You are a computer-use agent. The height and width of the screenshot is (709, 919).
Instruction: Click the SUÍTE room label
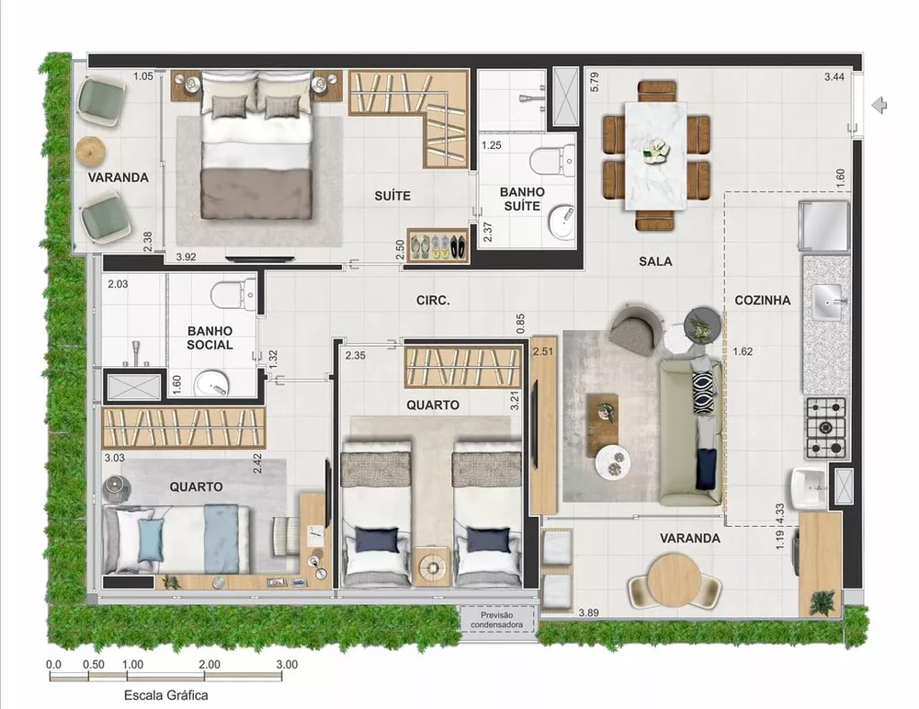pos(392,196)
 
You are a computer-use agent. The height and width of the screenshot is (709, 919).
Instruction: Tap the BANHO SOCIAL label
pos(210,337)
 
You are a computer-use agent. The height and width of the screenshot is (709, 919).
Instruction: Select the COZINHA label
pos(762,300)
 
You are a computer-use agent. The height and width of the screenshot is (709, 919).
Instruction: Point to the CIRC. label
pos(432,300)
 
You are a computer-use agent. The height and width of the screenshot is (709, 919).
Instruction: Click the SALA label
pos(655,261)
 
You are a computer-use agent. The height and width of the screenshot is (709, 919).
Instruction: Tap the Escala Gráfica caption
pos(165,695)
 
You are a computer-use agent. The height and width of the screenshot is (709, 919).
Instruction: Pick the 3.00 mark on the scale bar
pos(286,664)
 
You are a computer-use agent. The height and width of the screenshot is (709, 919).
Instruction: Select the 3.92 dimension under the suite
pos(187,257)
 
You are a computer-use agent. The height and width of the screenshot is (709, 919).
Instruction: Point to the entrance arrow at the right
pos(879,105)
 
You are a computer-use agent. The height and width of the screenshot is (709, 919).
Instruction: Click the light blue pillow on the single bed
pos(151,539)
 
